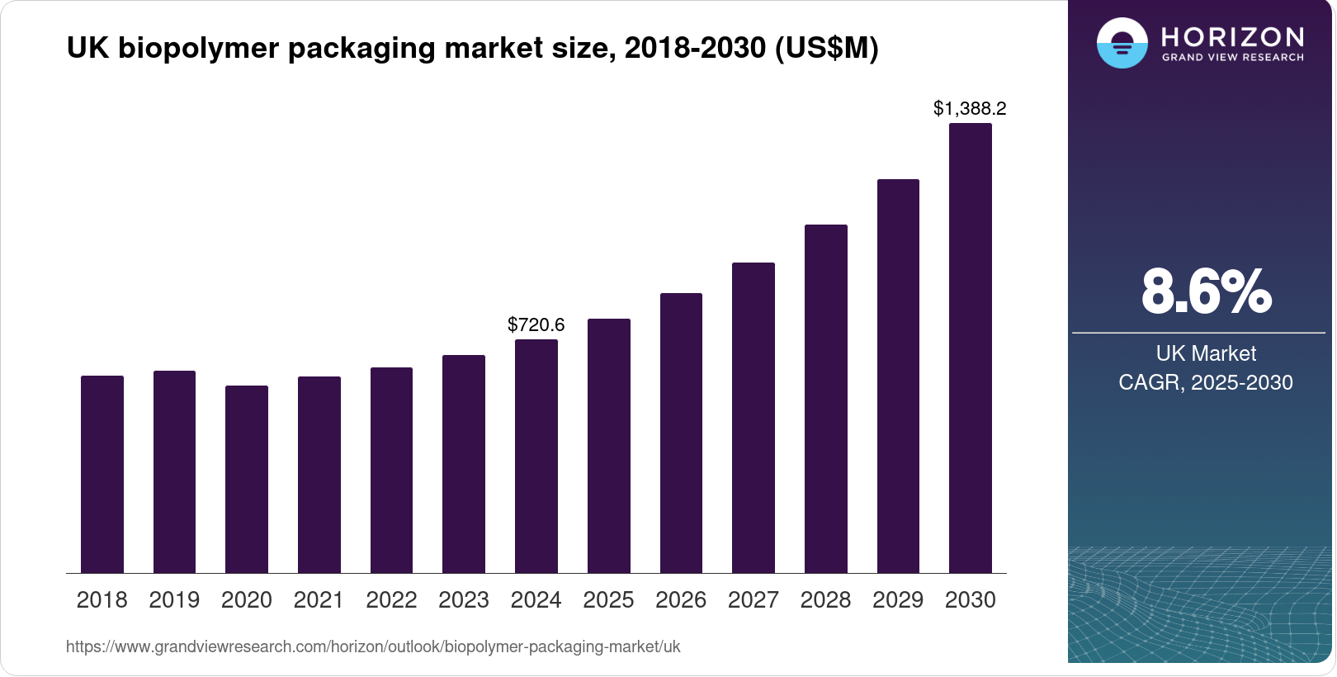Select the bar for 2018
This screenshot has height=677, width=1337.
102,475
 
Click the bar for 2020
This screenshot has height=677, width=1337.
247,480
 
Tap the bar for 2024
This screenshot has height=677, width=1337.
536,457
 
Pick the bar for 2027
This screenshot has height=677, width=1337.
754,418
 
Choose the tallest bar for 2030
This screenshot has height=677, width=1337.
971,348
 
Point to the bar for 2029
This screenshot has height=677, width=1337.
898,376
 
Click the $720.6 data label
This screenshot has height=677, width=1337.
536,324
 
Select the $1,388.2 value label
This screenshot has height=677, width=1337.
970,108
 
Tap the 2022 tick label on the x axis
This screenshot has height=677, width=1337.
391,600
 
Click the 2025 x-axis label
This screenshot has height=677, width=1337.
608,600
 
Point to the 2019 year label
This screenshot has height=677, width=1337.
174,600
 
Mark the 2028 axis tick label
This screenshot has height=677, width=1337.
825,600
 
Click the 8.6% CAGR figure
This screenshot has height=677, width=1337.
1206,291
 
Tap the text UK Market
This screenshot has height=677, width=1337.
1206,353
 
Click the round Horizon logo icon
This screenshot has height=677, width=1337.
1122,43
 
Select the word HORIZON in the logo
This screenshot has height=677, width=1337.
1232,36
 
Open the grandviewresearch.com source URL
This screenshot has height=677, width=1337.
373,646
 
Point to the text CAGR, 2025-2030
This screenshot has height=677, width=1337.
1206,382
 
